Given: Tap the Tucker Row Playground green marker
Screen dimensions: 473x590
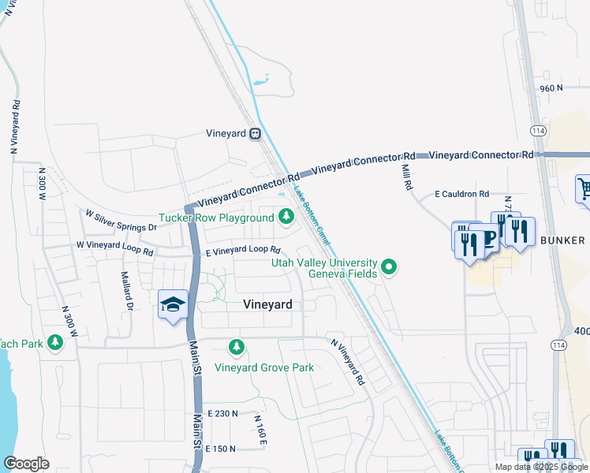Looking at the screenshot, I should [x=285, y=215].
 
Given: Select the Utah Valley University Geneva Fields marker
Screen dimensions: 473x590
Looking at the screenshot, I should [x=388, y=268].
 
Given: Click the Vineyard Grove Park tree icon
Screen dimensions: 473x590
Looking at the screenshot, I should [x=236, y=347].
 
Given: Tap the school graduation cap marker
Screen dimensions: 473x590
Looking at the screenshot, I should [x=172, y=305].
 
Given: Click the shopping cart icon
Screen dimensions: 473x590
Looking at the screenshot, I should [x=584, y=189].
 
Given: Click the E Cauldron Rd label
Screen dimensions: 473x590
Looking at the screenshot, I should [x=462, y=194].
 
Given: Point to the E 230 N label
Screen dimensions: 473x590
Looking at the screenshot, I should [x=222, y=413].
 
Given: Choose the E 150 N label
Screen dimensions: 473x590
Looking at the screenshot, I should [x=222, y=449].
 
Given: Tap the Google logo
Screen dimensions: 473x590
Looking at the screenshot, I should [x=26, y=464].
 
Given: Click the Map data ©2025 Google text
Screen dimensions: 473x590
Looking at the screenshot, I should [x=541, y=467].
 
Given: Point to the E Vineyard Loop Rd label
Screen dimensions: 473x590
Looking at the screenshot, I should [x=243, y=250].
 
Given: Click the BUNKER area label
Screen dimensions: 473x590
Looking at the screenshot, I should [x=563, y=240].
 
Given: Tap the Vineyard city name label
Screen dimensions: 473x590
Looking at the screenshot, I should [x=267, y=304].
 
